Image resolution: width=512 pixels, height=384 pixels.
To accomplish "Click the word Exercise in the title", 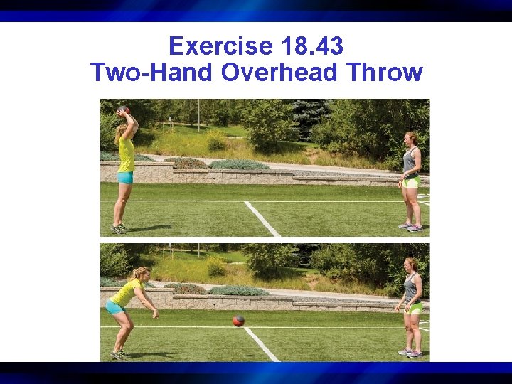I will click(x=221, y=47).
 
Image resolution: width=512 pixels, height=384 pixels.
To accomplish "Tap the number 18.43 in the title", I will click(x=312, y=47).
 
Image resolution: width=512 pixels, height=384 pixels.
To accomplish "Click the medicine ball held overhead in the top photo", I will click(x=124, y=110).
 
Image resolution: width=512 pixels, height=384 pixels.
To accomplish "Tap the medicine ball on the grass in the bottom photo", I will click(x=238, y=321).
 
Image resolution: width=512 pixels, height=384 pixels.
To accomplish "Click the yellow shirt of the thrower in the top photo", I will click(x=126, y=154).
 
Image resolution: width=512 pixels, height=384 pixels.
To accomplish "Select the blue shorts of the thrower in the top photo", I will click(x=125, y=177).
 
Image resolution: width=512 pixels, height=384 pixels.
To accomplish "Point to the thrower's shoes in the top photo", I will click(x=119, y=229).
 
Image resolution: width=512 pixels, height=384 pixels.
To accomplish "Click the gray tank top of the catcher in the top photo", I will click(x=410, y=161).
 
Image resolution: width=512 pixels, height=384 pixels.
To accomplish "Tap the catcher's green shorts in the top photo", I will click(x=411, y=182).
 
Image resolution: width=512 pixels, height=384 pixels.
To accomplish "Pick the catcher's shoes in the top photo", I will click(x=410, y=227).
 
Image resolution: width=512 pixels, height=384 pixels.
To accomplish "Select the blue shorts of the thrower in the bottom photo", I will click(x=114, y=306).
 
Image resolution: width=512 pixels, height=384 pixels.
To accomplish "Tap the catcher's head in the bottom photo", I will click(x=411, y=265).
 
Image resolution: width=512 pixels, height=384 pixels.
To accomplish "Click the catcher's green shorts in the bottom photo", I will click(x=413, y=307).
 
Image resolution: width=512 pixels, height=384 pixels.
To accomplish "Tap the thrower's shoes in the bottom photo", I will click(x=119, y=354).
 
